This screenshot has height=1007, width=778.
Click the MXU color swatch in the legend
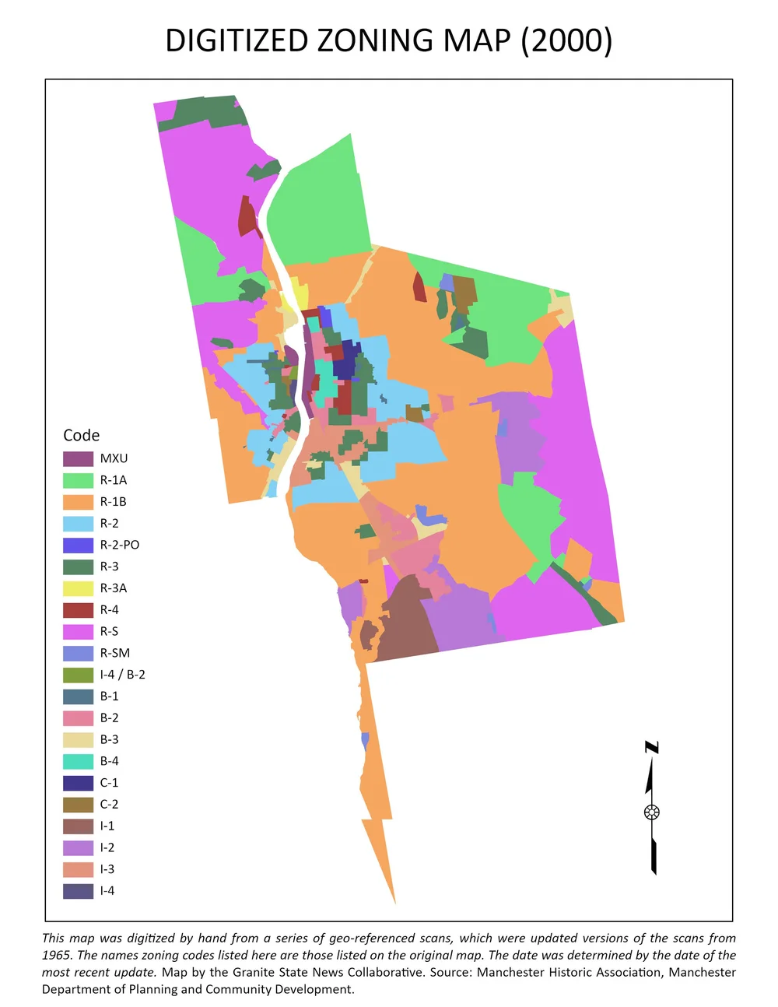[x=78, y=458]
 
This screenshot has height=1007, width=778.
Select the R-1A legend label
[x=113, y=480]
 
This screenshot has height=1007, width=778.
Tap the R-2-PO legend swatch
[x=78, y=545]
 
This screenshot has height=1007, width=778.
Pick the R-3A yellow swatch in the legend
[x=78, y=588]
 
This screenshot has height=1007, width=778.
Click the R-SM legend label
[x=114, y=653]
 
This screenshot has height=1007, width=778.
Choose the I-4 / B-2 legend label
[x=122, y=675]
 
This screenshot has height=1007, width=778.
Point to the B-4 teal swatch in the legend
[x=78, y=761]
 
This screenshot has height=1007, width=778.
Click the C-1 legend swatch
[x=78, y=783]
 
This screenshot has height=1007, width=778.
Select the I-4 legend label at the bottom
[x=107, y=891]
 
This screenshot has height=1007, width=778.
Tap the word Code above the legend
[x=81, y=435]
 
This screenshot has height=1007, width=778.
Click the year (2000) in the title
[x=566, y=40]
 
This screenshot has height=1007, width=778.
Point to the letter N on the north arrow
[x=652, y=748]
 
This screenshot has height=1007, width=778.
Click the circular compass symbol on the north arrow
[x=652, y=812]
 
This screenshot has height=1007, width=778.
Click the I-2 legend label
[x=107, y=847]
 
